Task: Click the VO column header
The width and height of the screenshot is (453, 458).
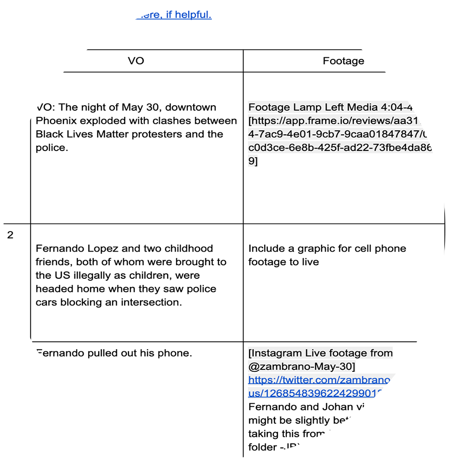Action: pos(136,61)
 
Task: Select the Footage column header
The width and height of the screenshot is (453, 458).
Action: pos(343,61)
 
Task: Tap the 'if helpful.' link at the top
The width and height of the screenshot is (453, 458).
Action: pos(189,15)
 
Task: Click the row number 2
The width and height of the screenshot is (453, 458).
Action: pos(11,235)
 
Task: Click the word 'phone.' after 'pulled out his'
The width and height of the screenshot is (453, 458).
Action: pos(176,353)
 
